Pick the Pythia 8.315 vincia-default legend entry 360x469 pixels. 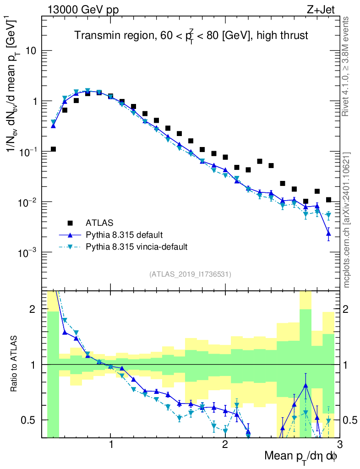(137, 247)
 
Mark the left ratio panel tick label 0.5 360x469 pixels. (30, 420)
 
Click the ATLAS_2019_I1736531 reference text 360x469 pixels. (190, 274)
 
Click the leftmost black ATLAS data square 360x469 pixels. (53, 149)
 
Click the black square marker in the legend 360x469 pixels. (70, 223)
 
